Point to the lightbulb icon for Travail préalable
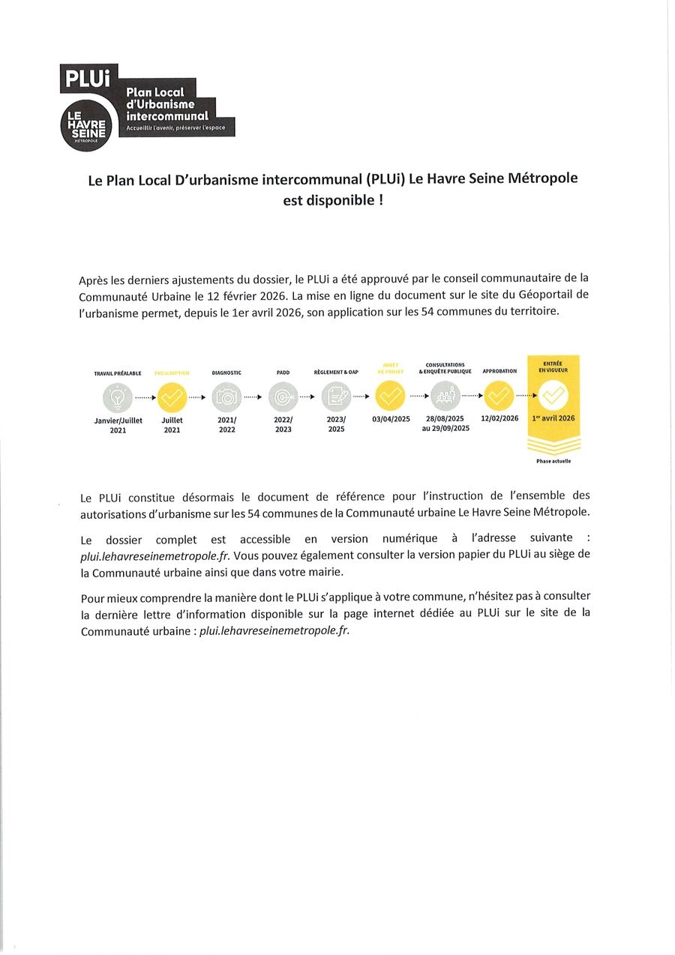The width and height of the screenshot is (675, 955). (118, 397)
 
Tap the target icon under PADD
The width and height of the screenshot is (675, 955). (283, 397)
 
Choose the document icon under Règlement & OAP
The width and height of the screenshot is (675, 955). (336, 397)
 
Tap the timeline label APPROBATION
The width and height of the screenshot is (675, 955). (499, 371)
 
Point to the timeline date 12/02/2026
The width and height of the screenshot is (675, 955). (499, 418)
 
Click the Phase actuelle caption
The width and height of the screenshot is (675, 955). (553, 461)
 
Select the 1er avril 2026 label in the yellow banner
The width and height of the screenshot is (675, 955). (553, 418)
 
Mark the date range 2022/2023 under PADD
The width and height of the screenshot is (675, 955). (283, 424)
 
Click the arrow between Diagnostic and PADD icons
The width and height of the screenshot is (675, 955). (254, 397)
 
